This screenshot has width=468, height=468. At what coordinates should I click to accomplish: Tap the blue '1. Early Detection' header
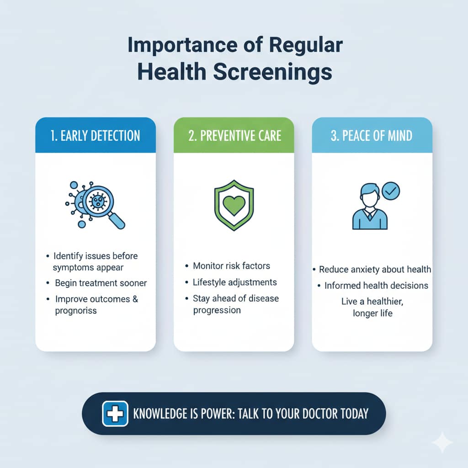pyautogui.click(x=96, y=135)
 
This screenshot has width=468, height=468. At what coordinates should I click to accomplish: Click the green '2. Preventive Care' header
pyautogui.click(x=234, y=135)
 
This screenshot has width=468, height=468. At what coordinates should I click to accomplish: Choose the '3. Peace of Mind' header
pyautogui.click(x=372, y=135)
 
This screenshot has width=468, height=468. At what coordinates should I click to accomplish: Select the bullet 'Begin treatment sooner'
pyautogui.click(x=101, y=283)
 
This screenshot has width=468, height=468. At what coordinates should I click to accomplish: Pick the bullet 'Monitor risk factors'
pyautogui.click(x=231, y=266)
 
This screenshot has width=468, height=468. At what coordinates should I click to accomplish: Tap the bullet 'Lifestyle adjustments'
pyautogui.click(x=234, y=282)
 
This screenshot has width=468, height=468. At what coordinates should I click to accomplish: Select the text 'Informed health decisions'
pyautogui.click(x=376, y=286)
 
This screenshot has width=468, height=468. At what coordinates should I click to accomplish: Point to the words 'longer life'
pyautogui.click(x=372, y=314)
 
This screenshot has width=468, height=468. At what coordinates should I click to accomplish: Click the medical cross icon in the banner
pyautogui.click(x=115, y=414)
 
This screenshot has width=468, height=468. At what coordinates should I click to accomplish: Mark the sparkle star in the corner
pyautogui.click(x=442, y=442)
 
